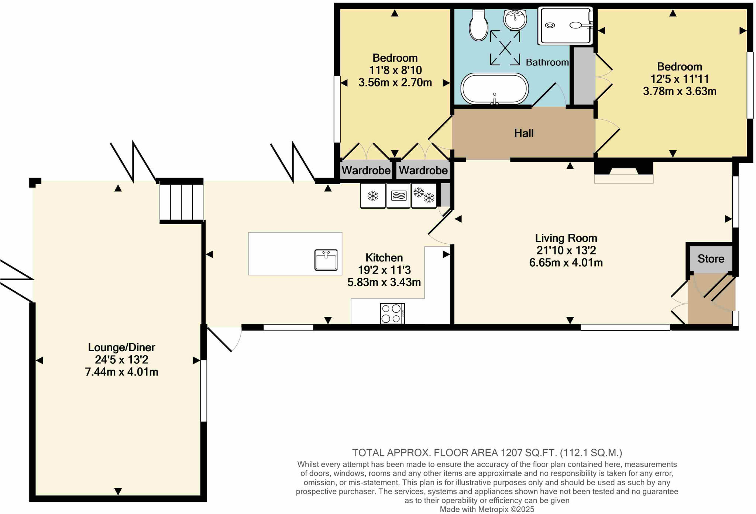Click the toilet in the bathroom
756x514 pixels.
click(479, 25)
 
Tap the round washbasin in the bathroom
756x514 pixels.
click(515, 19)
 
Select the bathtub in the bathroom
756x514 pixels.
click(494, 89)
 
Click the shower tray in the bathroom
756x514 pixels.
click(565, 25)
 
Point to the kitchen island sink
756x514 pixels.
click(326, 260)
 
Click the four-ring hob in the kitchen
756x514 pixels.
click(392, 313)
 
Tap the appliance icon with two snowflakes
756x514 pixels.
click(424, 195)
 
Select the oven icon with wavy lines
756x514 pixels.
click(398, 195)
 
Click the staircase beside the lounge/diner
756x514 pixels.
click(182, 202)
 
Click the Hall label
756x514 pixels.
click(524, 133)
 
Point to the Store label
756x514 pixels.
click(711, 259)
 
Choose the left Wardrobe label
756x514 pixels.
click(366, 171)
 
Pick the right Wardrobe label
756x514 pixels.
click(423, 171)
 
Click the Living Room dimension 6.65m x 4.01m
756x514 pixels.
click(566, 263)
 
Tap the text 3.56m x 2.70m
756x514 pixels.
click(395, 82)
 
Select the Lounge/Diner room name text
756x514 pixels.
click(121, 347)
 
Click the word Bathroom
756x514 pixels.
click(547, 62)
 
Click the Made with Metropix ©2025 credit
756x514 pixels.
click(487, 510)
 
